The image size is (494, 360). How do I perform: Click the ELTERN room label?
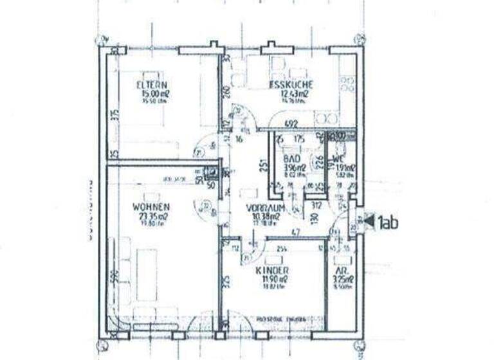coord(152,85)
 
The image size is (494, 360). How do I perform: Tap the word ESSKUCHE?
coord(291,84)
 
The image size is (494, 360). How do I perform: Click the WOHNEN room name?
coord(151,207)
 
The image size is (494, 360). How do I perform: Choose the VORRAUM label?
coord(265,208)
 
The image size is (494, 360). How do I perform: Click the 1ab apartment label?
coord(389,222)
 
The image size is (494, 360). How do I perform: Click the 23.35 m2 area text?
coord(151,216)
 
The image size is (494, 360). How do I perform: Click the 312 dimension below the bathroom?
coord(315,206)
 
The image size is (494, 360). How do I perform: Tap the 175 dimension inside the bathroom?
coord(298,138)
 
